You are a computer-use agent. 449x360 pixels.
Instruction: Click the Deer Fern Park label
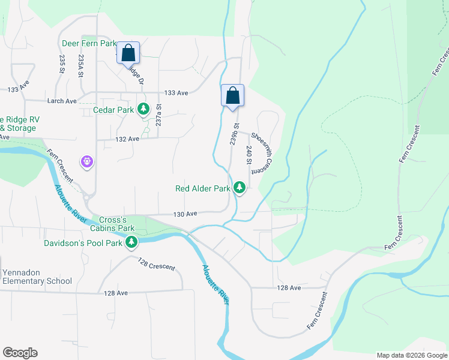click(x=88, y=44)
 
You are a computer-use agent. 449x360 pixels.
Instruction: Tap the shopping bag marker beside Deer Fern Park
click(x=128, y=53)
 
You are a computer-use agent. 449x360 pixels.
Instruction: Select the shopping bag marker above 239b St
click(x=232, y=95)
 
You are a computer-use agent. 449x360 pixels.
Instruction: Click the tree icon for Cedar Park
click(x=143, y=109)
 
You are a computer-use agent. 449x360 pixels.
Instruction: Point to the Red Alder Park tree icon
click(x=240, y=188)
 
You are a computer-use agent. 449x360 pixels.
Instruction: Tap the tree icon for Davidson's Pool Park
click(x=131, y=242)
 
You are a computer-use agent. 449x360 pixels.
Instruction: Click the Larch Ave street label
click(x=63, y=101)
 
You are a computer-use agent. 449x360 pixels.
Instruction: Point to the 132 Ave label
click(x=127, y=139)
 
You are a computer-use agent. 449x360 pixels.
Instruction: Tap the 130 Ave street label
click(x=185, y=214)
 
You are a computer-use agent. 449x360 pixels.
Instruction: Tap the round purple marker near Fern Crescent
click(x=88, y=161)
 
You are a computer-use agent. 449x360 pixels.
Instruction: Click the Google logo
click(x=20, y=353)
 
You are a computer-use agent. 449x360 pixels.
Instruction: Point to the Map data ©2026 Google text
click(x=411, y=355)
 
